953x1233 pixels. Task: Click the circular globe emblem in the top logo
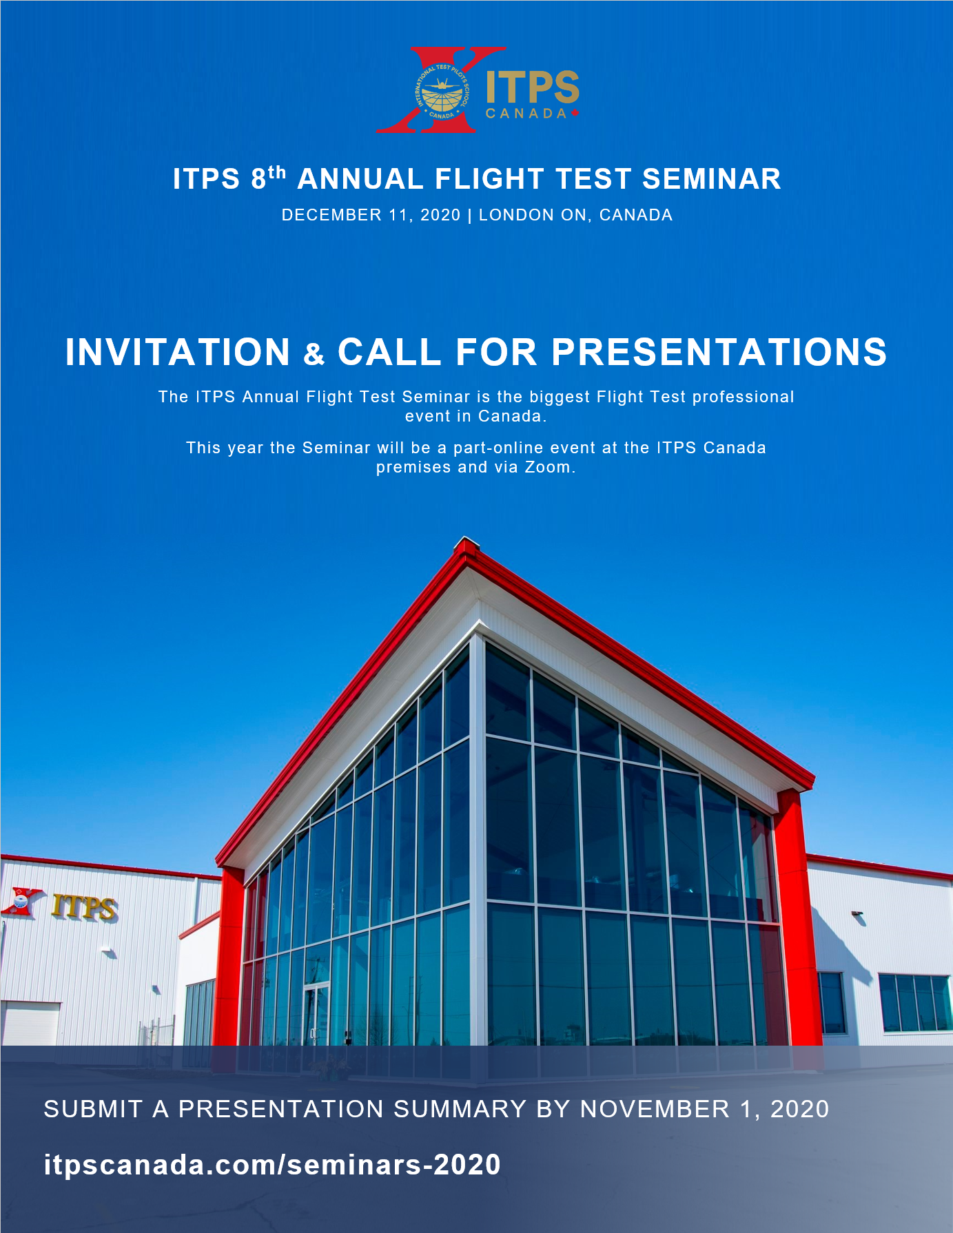pyautogui.click(x=442, y=91)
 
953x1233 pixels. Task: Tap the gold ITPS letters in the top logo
pyautogui.click(x=533, y=87)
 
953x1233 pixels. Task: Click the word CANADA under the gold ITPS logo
pyautogui.click(x=526, y=114)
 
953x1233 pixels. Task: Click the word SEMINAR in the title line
pyautogui.click(x=712, y=179)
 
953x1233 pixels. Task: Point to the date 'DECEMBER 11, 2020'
pyautogui.click(x=371, y=215)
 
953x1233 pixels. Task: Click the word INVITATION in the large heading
pyautogui.click(x=178, y=352)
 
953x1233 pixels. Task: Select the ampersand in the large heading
pyautogui.click(x=314, y=355)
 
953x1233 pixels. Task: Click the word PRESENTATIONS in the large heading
pyautogui.click(x=719, y=352)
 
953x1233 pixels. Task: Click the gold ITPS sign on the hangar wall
pyautogui.click(x=84, y=906)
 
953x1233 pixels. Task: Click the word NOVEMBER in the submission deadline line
pyautogui.click(x=655, y=1109)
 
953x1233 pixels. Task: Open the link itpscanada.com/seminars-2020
pyautogui.click(x=272, y=1165)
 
